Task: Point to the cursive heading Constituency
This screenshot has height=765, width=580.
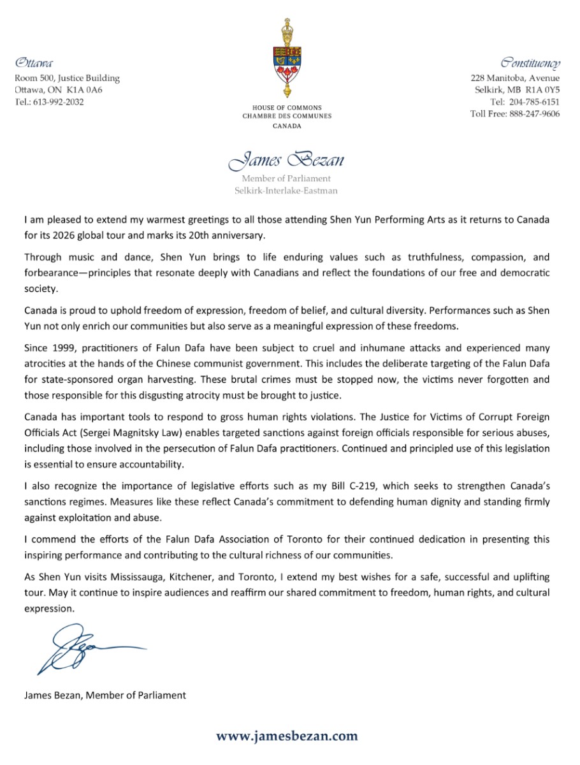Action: point(530,63)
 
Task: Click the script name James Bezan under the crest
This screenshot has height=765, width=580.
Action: point(286,159)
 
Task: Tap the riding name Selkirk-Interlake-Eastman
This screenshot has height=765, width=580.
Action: point(286,191)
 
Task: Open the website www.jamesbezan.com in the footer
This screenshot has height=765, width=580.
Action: point(287,736)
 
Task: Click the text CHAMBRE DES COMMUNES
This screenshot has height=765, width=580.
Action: point(287,117)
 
